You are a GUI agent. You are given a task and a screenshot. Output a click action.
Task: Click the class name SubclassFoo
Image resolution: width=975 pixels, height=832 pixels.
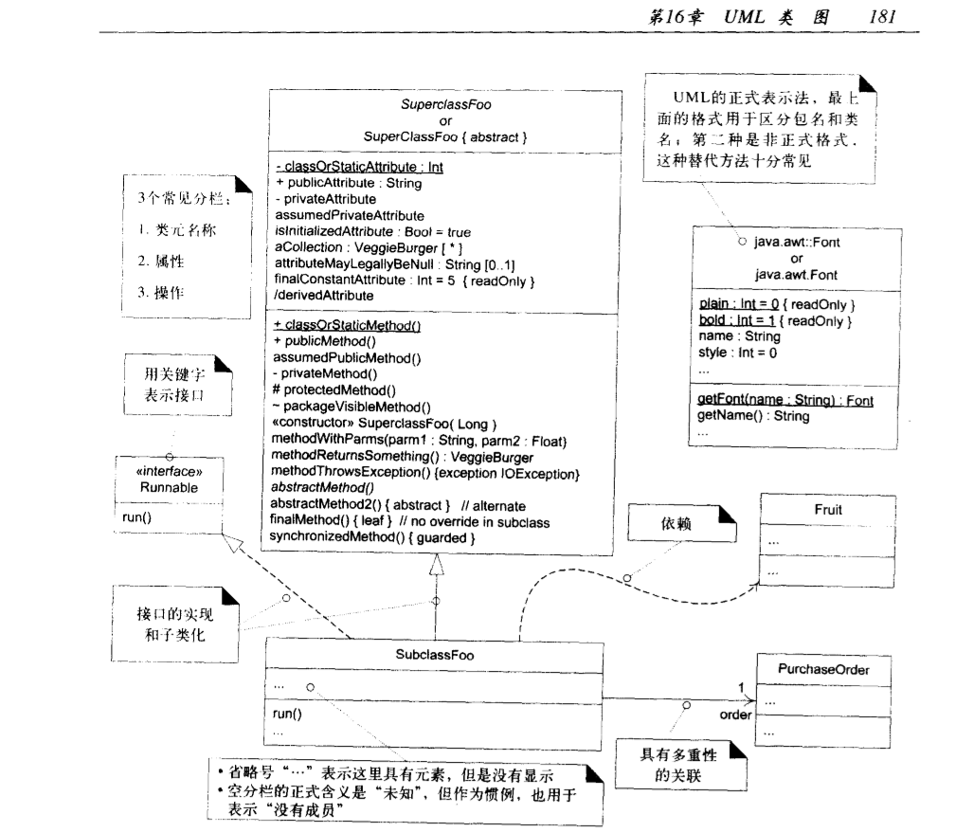pyautogui.click(x=435, y=654)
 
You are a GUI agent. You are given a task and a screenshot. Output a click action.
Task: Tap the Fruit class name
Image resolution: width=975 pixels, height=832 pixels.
pyautogui.click(x=827, y=509)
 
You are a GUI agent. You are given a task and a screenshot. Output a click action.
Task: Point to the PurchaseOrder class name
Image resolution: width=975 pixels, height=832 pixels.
pyautogui.click(x=822, y=670)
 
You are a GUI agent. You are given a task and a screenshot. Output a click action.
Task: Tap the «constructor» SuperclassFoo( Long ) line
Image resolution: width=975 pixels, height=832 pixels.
pyautogui.click(x=379, y=424)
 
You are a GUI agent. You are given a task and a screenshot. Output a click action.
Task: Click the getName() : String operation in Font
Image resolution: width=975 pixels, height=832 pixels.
pyautogui.click(x=740, y=416)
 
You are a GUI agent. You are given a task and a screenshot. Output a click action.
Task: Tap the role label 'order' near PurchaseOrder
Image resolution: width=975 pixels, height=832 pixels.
pyautogui.click(x=736, y=714)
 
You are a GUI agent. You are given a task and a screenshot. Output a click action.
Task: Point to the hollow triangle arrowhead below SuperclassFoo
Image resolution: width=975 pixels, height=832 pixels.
pyautogui.click(x=435, y=566)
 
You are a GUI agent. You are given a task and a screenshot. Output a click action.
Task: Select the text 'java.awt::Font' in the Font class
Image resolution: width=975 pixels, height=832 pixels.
pyautogui.click(x=798, y=243)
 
